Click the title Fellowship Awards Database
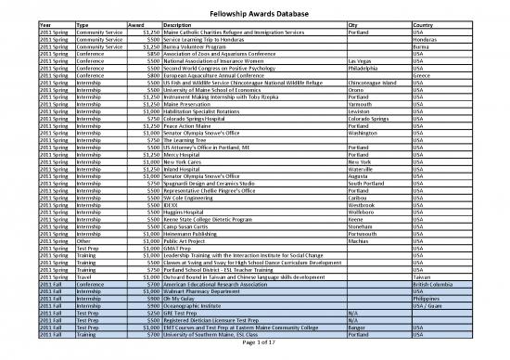[255, 14]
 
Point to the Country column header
[424, 24]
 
